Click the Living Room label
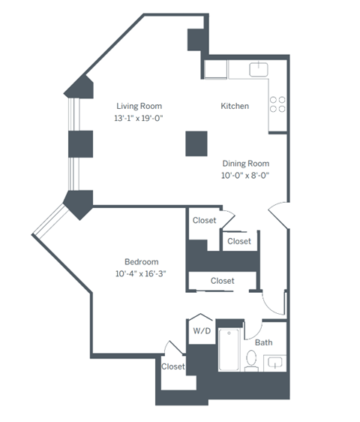[138, 106]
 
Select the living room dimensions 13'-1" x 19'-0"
[138, 119]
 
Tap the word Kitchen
[235, 106]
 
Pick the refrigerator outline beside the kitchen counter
[216, 70]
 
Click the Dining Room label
[245, 163]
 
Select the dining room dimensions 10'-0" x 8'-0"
[245, 176]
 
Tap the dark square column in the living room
[196, 142]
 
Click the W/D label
[202, 330]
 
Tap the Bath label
[263, 342]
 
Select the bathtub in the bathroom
[229, 351]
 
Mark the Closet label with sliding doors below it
[222, 281]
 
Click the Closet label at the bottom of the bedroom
[173, 366]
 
